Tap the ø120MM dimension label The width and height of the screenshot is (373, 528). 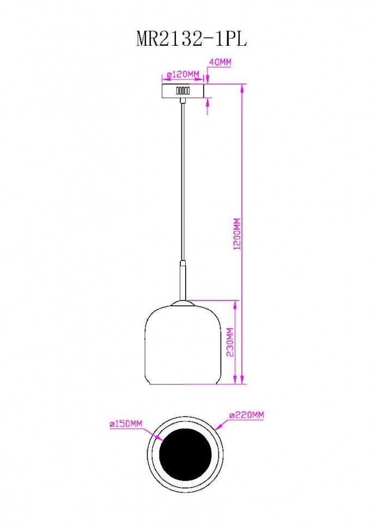(182, 73)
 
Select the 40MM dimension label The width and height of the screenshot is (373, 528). (220, 63)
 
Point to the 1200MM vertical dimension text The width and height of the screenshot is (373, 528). (236, 234)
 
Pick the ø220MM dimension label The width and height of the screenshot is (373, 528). (246, 415)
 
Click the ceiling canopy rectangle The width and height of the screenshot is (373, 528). (183, 91)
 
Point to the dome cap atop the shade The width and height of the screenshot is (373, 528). (183, 303)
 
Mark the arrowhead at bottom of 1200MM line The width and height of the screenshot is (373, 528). (241, 381)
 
